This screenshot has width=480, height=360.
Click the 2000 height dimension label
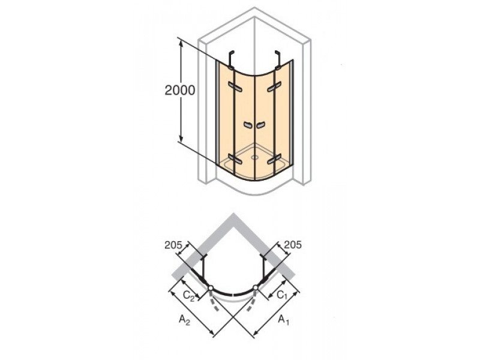click(x=179, y=91)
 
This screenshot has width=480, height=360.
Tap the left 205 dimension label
click(x=173, y=245)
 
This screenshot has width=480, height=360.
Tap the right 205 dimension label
click(x=293, y=245)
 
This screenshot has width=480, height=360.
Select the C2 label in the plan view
click(x=188, y=296)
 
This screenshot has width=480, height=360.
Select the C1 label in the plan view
click(x=283, y=295)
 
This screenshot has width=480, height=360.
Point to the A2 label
click(x=184, y=320)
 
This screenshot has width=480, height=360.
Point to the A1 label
click(x=283, y=320)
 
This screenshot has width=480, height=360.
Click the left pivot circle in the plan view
click(x=211, y=288)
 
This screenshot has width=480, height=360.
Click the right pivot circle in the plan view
click(x=256, y=288)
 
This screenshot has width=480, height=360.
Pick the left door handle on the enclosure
click(x=248, y=125)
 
